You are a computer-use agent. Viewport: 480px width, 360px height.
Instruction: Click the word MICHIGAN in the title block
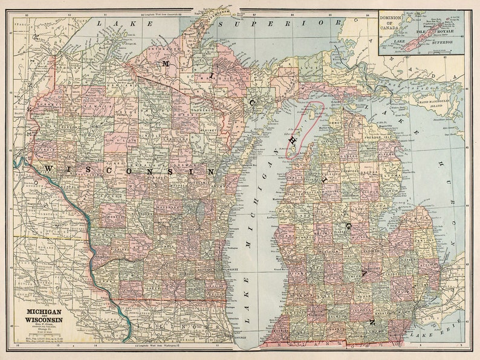42,312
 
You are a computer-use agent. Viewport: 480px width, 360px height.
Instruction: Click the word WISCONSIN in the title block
42,320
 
